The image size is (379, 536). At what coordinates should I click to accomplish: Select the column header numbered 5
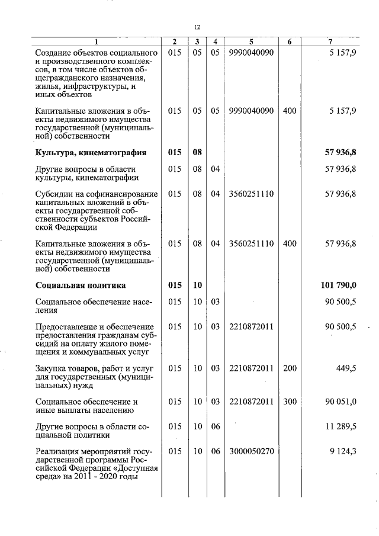(x=251, y=41)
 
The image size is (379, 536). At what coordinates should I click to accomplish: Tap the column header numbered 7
(x=330, y=41)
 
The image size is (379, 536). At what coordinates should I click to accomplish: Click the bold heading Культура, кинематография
(x=91, y=152)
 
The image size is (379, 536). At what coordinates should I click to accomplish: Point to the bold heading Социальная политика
(x=81, y=285)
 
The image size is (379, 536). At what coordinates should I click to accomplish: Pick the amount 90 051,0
(x=341, y=402)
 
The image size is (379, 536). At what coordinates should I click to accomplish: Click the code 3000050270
(x=251, y=451)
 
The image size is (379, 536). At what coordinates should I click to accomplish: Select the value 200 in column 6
(x=290, y=368)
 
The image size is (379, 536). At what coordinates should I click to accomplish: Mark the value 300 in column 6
(x=290, y=402)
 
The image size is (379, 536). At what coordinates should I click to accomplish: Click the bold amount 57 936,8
(x=340, y=152)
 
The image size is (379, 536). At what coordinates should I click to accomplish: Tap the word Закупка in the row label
(x=52, y=368)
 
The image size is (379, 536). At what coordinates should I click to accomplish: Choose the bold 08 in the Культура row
(x=198, y=152)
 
